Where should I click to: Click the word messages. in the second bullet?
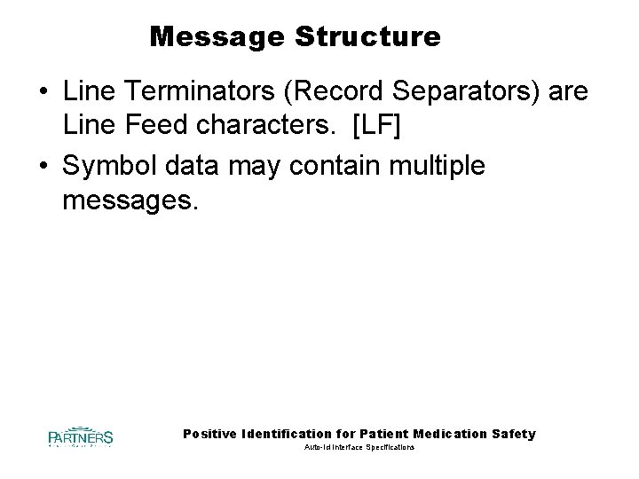pos(127,201)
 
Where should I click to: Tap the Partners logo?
pos(81,436)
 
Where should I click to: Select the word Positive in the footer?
pos(209,434)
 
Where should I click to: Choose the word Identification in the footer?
pos(283,434)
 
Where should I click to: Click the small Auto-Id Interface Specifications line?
pos(359,449)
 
